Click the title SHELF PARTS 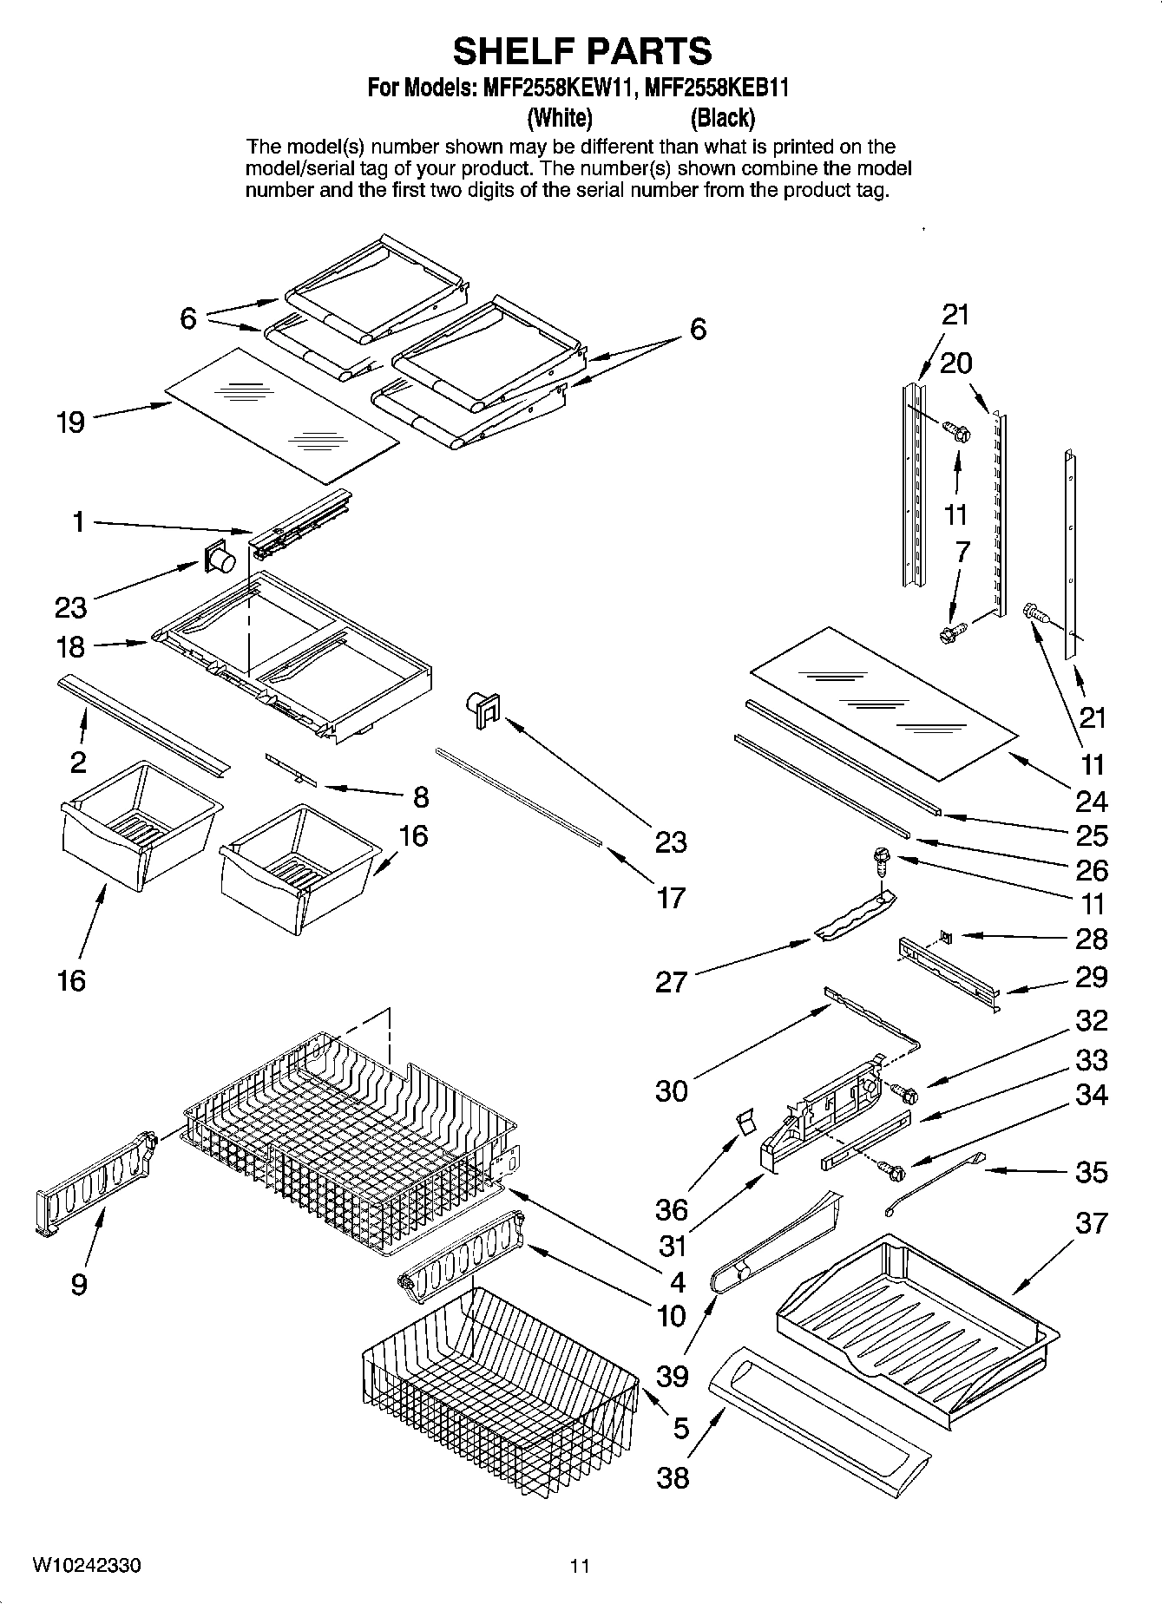tap(581, 51)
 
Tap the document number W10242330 tap(88, 1566)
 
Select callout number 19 tap(71, 422)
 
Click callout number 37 tap(1091, 1223)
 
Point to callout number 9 tap(79, 1283)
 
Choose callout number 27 tap(671, 982)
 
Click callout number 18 tap(71, 646)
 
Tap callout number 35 tap(1091, 1172)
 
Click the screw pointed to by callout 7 tap(950, 633)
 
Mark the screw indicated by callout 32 tap(906, 1095)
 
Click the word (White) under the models tap(560, 117)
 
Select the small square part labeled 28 tap(947, 937)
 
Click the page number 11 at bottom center tap(580, 1566)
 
